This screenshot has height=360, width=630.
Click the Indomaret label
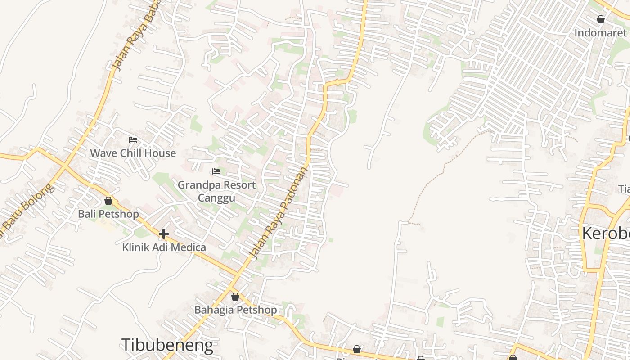click(x=600, y=33)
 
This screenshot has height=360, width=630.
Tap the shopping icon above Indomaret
click(x=600, y=19)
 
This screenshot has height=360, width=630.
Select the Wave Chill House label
click(x=133, y=153)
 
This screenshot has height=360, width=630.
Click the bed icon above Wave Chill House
click(x=133, y=140)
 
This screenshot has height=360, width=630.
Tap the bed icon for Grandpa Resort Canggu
click(x=216, y=171)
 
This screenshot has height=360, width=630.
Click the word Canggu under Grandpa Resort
click(x=216, y=198)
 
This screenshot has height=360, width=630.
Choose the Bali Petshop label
click(x=108, y=214)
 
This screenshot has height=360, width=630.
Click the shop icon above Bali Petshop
click(x=108, y=201)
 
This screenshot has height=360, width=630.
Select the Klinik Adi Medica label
click(x=164, y=247)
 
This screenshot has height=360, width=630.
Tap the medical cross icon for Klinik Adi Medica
click(x=164, y=234)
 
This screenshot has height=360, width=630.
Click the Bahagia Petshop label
click(x=235, y=310)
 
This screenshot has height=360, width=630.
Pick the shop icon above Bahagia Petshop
click(x=235, y=297)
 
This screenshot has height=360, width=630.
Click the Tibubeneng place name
click(x=167, y=345)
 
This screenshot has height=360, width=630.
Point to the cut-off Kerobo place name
click(x=606, y=234)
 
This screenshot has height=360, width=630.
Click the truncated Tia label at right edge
click(x=624, y=189)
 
